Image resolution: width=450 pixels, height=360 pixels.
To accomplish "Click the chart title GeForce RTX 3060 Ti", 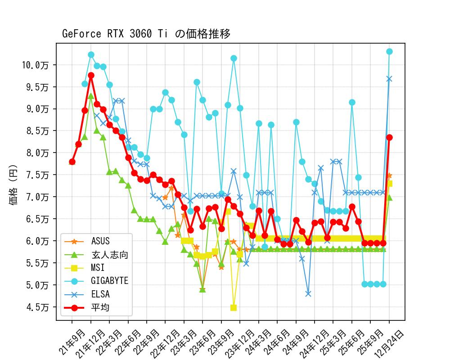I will pos(146,34).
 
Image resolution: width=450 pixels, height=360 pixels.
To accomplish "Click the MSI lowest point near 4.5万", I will pos(234,308).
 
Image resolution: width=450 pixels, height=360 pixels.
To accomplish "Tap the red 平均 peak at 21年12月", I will pos(91,76).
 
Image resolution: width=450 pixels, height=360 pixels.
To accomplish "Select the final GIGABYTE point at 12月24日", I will pos(389,51).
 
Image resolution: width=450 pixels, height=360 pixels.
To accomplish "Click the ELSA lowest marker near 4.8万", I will pos(308,293).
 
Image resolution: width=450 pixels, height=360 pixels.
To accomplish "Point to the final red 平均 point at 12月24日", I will pos(389,137).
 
